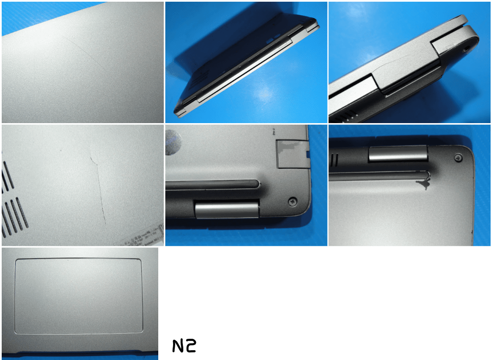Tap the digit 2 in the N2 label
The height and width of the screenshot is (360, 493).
point(190,346)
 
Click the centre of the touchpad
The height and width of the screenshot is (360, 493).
point(78,295)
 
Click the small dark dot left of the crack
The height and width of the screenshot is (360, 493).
point(60,150)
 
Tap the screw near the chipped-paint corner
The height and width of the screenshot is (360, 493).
point(459,157)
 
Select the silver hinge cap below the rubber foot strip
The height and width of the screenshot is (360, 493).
point(227,209)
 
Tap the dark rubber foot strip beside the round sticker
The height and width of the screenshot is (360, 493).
point(212,185)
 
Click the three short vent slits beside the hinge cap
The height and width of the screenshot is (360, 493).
point(335,160)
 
